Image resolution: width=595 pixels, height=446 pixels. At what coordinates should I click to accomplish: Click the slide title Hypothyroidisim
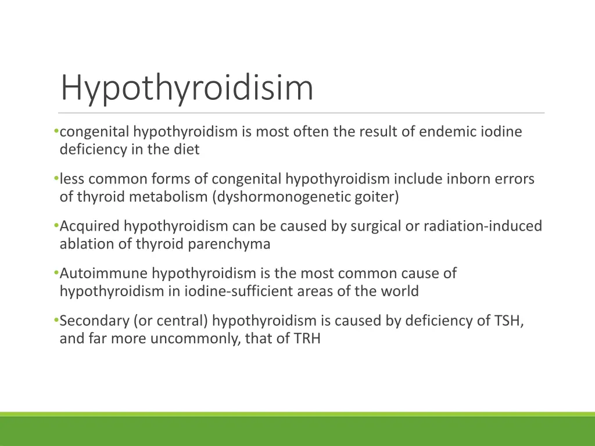[x=187, y=88]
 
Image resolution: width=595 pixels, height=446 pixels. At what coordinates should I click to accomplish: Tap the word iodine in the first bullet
[x=501, y=132]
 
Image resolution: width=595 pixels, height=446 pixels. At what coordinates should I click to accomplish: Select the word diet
[x=185, y=149]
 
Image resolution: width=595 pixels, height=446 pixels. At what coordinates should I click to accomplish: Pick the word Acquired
[x=89, y=226]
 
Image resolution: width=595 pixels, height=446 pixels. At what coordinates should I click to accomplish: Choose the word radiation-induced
[x=482, y=226]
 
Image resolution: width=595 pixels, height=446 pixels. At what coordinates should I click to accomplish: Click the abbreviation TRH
[x=307, y=339]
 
